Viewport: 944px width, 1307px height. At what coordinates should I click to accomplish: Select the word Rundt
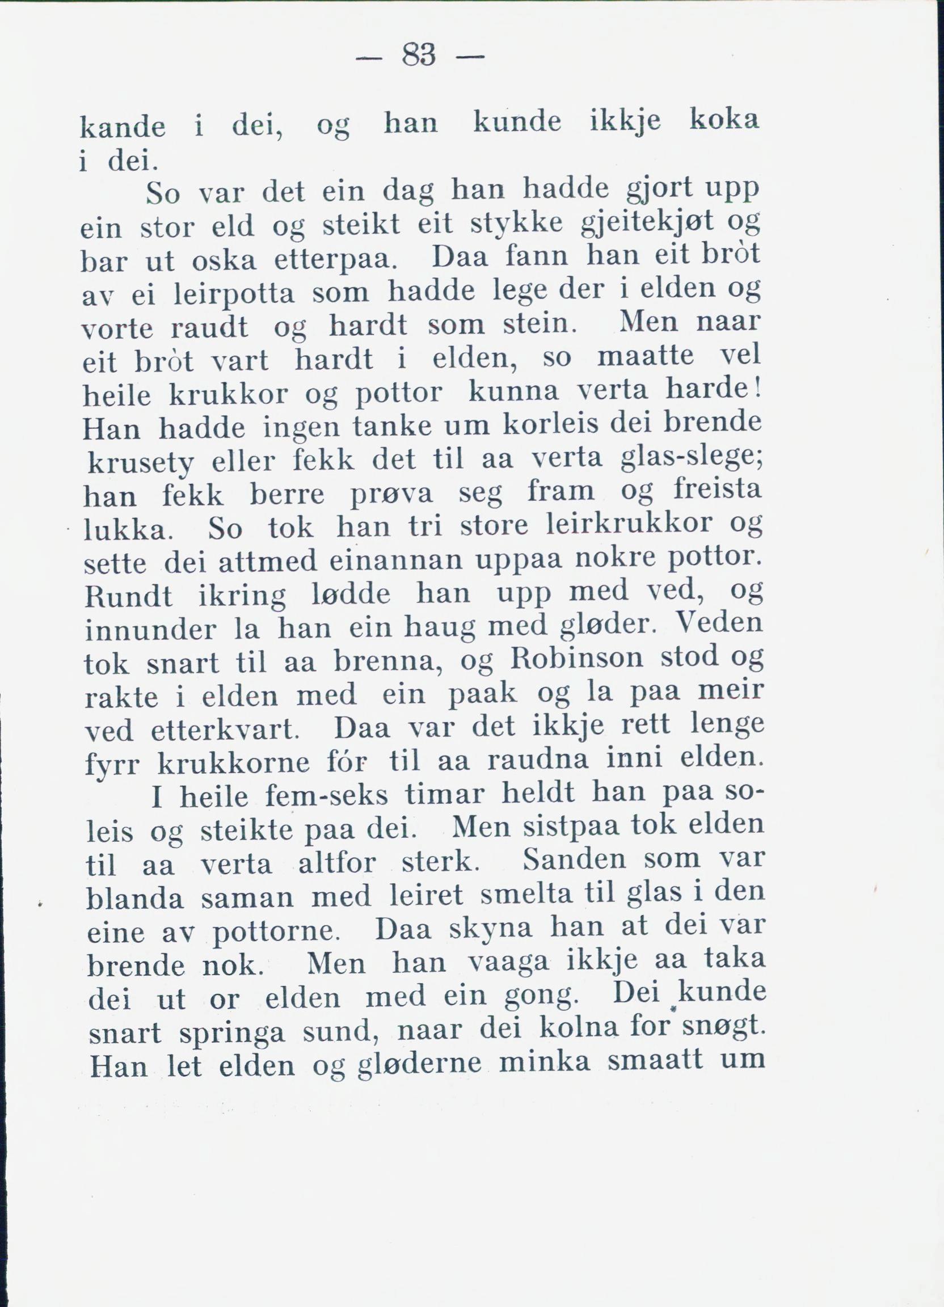pyautogui.click(x=128, y=596)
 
